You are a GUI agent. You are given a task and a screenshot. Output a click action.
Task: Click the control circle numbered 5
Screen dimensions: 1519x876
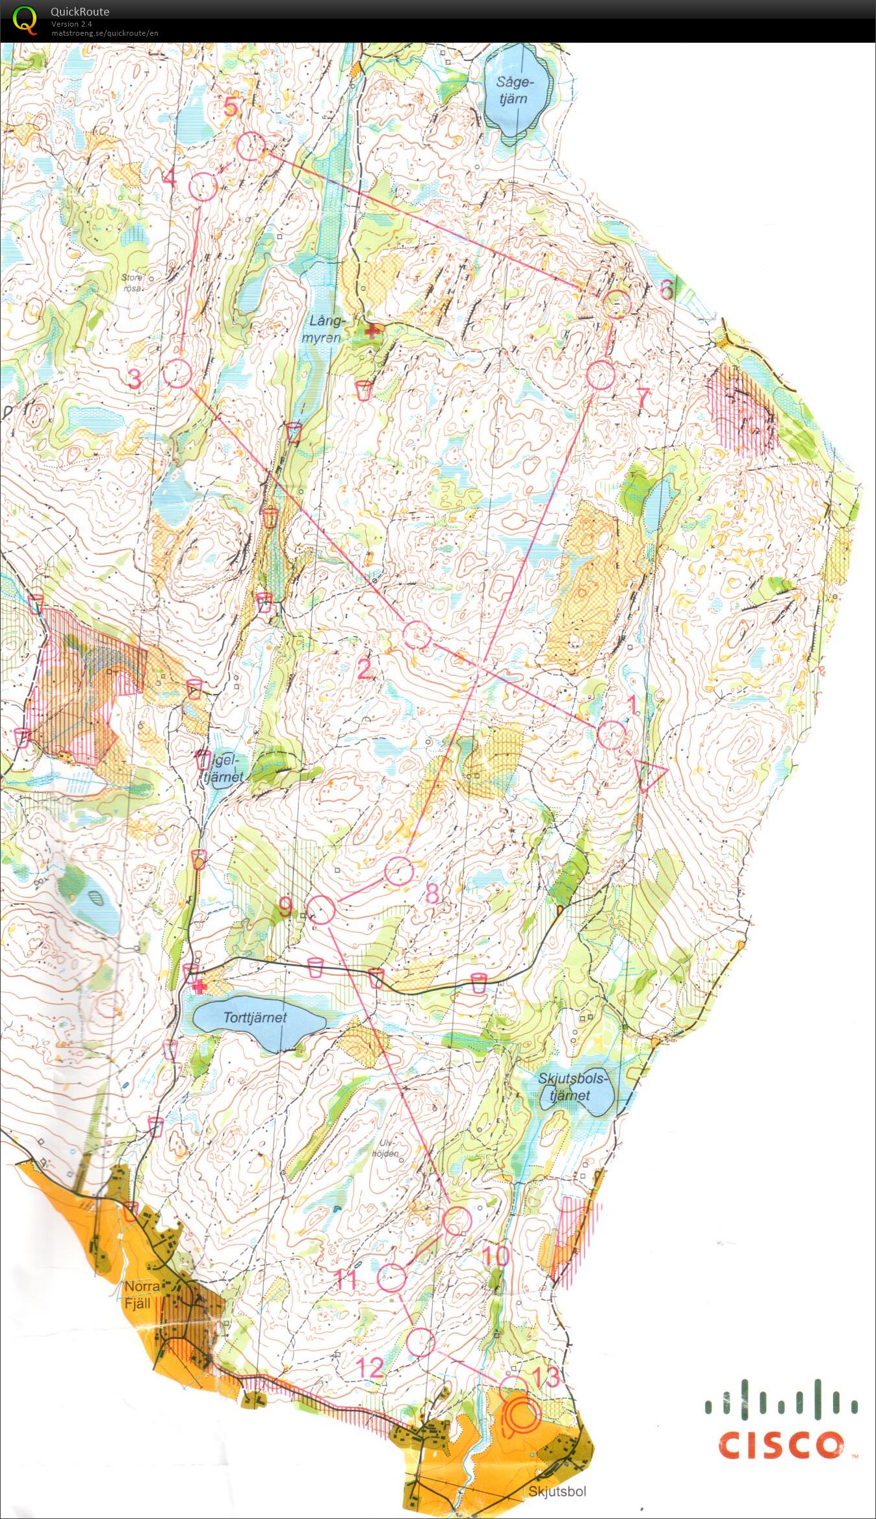tap(250, 146)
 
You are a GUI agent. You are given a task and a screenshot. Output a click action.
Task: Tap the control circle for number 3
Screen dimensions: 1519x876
tap(177, 374)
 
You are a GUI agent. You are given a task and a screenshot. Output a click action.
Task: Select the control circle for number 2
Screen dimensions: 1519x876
tap(417, 634)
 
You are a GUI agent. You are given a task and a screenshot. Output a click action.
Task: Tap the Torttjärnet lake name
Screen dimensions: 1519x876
tap(255, 1017)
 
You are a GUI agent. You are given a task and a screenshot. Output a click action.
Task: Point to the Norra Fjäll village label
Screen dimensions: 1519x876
tap(142, 1294)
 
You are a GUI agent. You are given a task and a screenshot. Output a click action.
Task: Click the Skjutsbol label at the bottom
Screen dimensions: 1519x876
tap(557, 1491)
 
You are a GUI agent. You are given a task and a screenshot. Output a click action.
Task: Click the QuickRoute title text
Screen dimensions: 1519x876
tap(80, 11)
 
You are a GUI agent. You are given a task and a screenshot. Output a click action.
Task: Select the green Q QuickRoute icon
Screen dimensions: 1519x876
tap(25, 19)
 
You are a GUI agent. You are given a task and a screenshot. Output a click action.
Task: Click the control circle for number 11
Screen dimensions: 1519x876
tap(392, 1277)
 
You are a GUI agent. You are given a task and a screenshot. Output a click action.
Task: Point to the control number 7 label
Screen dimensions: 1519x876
tap(643, 397)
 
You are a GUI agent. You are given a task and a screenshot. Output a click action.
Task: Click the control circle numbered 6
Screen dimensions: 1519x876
tap(617, 303)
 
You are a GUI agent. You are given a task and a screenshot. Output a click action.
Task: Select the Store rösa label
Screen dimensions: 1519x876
tap(132, 282)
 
